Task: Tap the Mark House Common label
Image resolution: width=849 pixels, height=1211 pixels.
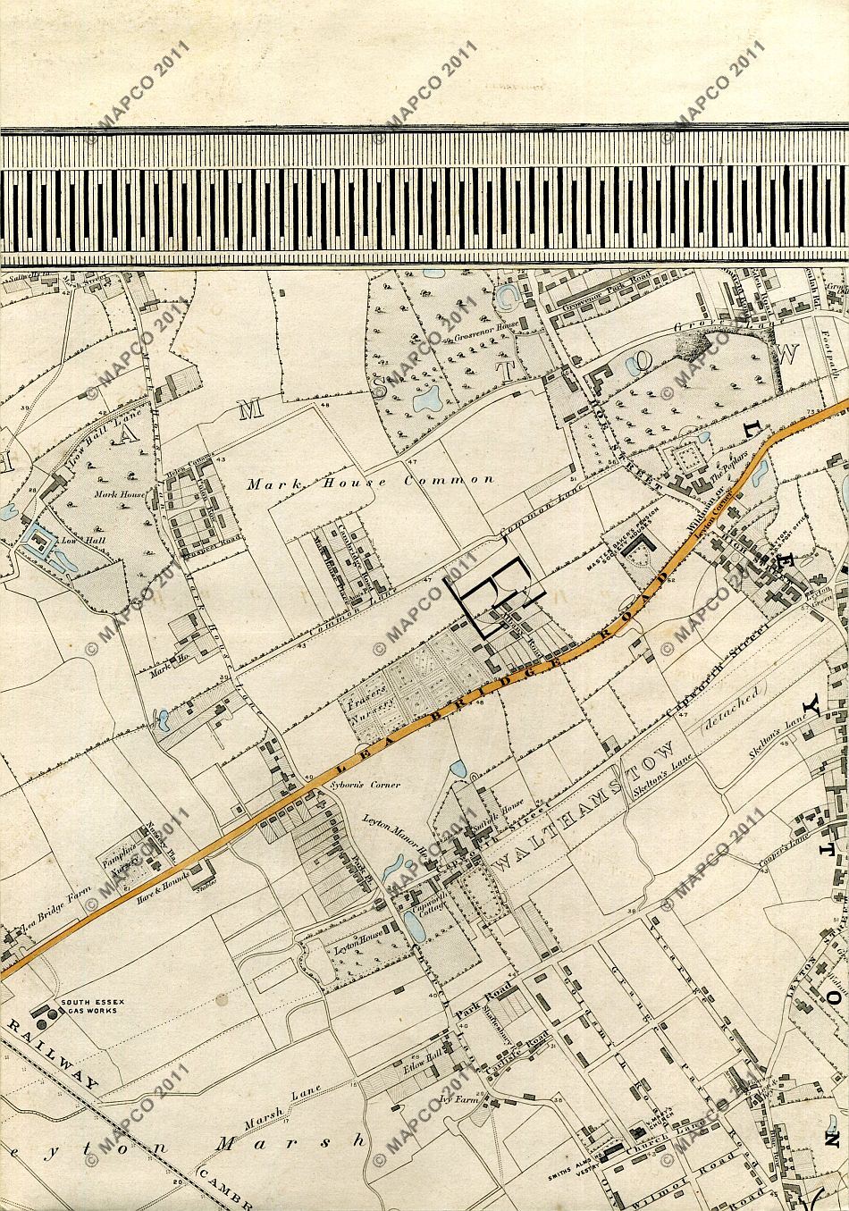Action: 370,480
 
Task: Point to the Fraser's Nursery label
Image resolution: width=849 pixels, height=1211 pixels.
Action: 370,694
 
